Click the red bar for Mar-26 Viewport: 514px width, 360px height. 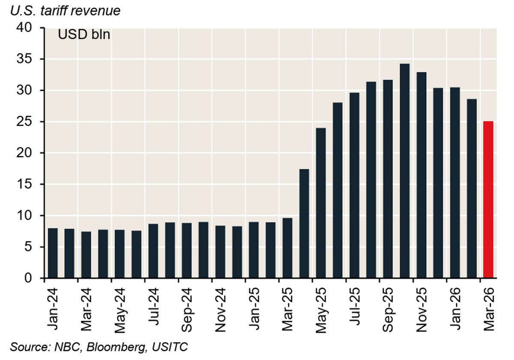click(488, 200)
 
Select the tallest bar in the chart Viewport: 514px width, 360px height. click(404, 171)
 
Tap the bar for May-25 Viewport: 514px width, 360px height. click(321, 203)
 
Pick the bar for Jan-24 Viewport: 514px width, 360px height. click(53, 253)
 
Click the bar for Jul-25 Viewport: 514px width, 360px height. click(354, 185)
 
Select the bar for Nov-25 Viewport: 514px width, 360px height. click(421, 175)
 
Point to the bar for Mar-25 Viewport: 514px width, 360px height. click(287, 248)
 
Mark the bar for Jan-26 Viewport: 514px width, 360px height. click(455, 183)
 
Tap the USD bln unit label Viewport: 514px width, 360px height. click(84, 35)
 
